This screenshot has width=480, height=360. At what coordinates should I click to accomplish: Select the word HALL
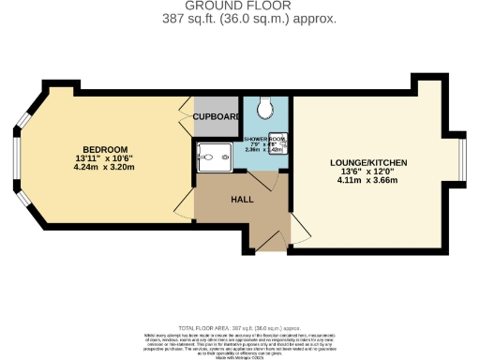coord(242,199)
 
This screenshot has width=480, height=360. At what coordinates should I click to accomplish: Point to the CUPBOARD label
coord(217,116)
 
